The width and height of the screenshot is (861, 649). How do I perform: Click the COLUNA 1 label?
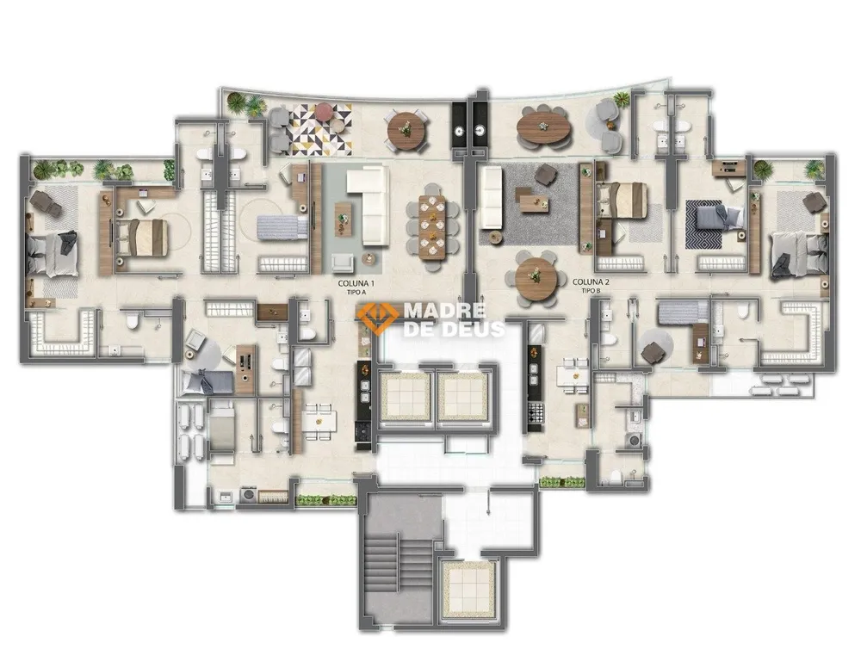click(x=356, y=283)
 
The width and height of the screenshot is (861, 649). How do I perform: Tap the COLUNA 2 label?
click(x=591, y=282)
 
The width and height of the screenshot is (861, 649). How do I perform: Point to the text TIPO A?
click(x=356, y=293)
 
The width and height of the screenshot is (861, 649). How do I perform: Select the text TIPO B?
click(x=591, y=291)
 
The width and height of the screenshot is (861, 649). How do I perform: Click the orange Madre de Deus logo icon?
click(x=377, y=318)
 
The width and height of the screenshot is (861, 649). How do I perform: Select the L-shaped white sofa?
click(x=367, y=207)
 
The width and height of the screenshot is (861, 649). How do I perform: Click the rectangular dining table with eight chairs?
click(x=433, y=226)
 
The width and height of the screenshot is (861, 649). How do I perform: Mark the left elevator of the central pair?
click(x=406, y=396)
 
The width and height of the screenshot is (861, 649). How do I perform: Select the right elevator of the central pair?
click(x=462, y=396)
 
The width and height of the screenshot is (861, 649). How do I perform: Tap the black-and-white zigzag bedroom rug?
click(x=712, y=225)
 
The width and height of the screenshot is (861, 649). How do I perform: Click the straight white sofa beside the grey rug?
click(x=491, y=199)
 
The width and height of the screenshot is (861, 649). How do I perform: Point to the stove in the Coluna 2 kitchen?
click(x=536, y=412)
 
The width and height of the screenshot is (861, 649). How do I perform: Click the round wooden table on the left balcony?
click(x=406, y=130)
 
